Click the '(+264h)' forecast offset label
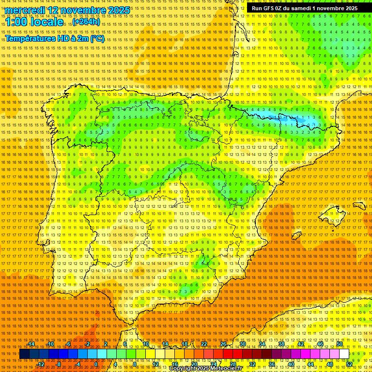[86, 22]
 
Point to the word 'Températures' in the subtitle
[31, 39]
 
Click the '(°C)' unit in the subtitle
[97, 39]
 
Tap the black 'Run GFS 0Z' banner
[305, 8]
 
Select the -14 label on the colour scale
[31, 344]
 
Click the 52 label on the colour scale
[349, 364]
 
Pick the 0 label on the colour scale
[96, 364]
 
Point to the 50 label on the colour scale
[340, 344]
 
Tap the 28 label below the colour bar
[233, 364]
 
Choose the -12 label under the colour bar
[41, 364]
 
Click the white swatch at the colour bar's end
[344, 354]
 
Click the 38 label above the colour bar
[281, 344]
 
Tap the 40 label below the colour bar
[291, 364]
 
